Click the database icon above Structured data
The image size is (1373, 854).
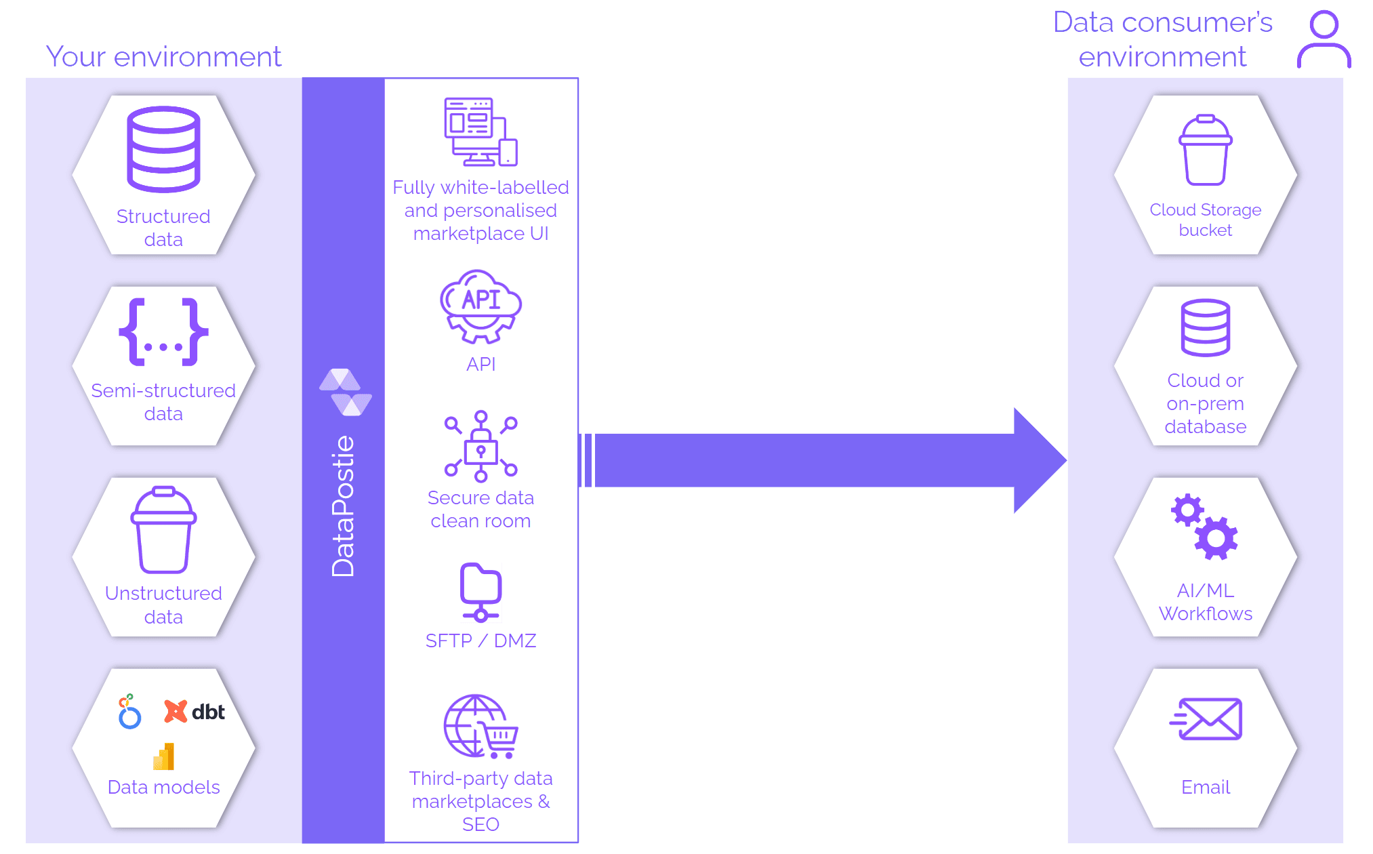(x=163, y=149)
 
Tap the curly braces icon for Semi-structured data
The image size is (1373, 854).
(x=163, y=331)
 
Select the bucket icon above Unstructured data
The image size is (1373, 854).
(x=163, y=530)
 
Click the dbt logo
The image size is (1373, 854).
(x=195, y=712)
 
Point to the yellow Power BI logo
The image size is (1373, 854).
(x=164, y=756)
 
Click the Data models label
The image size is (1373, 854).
(x=163, y=787)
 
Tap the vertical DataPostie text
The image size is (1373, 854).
(x=343, y=506)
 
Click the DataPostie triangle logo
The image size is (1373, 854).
(x=346, y=392)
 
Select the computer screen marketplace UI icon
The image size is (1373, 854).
(x=480, y=132)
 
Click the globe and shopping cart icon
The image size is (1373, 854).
(x=480, y=726)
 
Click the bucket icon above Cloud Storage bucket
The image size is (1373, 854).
(x=1205, y=150)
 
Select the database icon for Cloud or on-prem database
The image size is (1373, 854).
(x=1205, y=327)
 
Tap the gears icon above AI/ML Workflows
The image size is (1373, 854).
(x=1205, y=527)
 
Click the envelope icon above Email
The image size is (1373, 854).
(x=1206, y=719)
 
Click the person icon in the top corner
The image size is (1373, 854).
(x=1324, y=39)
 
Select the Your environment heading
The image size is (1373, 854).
(x=163, y=56)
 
